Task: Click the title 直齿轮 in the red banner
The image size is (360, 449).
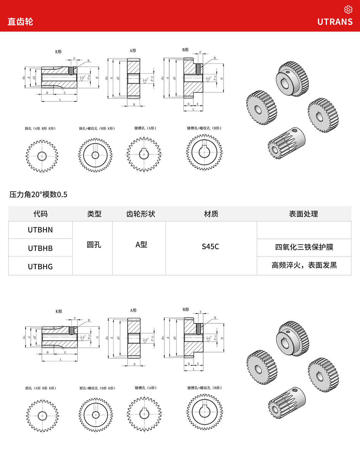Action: pos(20,22)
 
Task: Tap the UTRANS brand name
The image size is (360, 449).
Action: pos(335,22)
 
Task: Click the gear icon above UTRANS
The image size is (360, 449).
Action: pos(348,9)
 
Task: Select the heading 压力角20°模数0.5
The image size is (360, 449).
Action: pos(38,194)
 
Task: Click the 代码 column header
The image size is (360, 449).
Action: pos(40,214)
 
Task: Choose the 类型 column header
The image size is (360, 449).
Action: pos(94,214)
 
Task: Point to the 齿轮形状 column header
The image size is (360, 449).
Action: pos(141,214)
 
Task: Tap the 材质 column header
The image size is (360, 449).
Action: pos(211,214)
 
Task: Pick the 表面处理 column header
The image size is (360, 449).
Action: pos(303,214)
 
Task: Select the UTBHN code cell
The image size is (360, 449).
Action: pos(40,230)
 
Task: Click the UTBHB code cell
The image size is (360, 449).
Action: pos(40,248)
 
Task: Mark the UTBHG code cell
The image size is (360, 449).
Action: pos(40,267)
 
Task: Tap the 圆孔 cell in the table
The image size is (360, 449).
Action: pos(94,245)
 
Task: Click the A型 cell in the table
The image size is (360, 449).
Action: pos(141,245)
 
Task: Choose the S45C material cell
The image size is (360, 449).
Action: pos(210,246)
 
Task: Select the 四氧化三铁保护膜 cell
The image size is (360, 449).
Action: pos(304,247)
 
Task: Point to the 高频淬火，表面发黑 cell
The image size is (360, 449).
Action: pos(304,265)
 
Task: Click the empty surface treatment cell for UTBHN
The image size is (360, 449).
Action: pos(304,230)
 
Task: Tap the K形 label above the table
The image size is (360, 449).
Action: pos(58,52)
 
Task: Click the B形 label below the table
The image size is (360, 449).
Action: pos(186,309)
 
